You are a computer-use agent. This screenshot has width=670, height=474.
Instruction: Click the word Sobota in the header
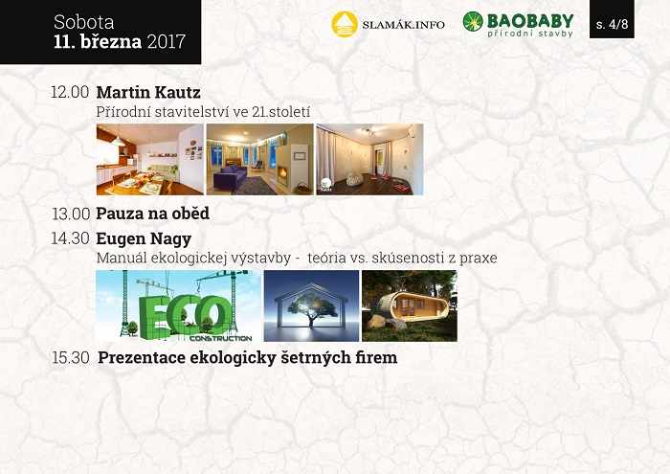84,22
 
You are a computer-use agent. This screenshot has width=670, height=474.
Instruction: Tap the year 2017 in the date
167,41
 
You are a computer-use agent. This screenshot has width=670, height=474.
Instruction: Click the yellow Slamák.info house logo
345,24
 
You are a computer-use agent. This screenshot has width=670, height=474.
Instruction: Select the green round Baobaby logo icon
473,21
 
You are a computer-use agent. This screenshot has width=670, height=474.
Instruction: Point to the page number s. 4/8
612,24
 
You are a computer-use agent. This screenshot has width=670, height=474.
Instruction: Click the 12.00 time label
70,92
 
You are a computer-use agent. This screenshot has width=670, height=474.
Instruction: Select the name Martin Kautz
148,92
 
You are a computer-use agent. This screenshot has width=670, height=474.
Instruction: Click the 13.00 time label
71,214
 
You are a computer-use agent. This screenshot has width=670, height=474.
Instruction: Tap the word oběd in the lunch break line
190,213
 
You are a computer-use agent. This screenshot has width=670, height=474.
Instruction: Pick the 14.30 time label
71,238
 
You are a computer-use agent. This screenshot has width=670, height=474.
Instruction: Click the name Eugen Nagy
144,239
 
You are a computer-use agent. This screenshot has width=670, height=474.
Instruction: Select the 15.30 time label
71,358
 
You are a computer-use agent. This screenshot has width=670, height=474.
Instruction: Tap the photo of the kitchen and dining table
150,159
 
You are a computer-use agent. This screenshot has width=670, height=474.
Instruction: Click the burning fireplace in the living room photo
282,172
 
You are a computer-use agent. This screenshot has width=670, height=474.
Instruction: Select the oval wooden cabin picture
410,305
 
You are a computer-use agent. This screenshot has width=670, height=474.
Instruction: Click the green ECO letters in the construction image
185,316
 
